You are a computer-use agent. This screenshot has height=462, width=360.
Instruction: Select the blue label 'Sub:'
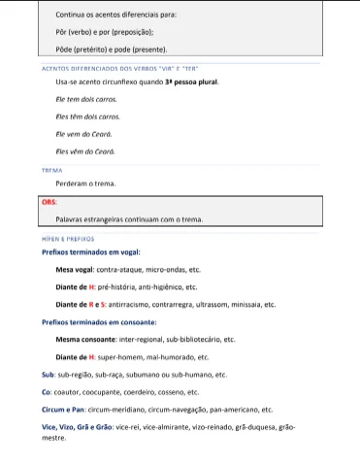pos(49,375)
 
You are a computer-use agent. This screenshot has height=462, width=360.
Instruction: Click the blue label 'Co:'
pos(47,392)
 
